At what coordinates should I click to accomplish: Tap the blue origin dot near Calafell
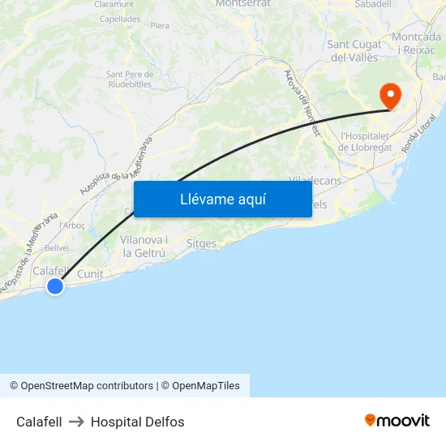[x=55, y=285]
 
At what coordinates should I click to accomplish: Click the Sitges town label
[x=201, y=243]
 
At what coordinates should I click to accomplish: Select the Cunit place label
[x=90, y=274]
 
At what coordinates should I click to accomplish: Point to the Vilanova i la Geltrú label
[x=144, y=247]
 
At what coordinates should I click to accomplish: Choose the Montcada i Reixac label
[x=416, y=44]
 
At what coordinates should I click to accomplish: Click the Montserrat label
[x=243, y=4]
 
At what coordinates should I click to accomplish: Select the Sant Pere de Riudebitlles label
[x=130, y=79]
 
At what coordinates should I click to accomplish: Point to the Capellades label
[x=119, y=19]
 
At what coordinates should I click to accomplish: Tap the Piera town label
[x=160, y=26]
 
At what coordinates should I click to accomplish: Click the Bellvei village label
[x=57, y=248]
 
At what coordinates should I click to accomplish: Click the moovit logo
[x=397, y=421]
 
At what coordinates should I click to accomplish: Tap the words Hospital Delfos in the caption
[x=138, y=422]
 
